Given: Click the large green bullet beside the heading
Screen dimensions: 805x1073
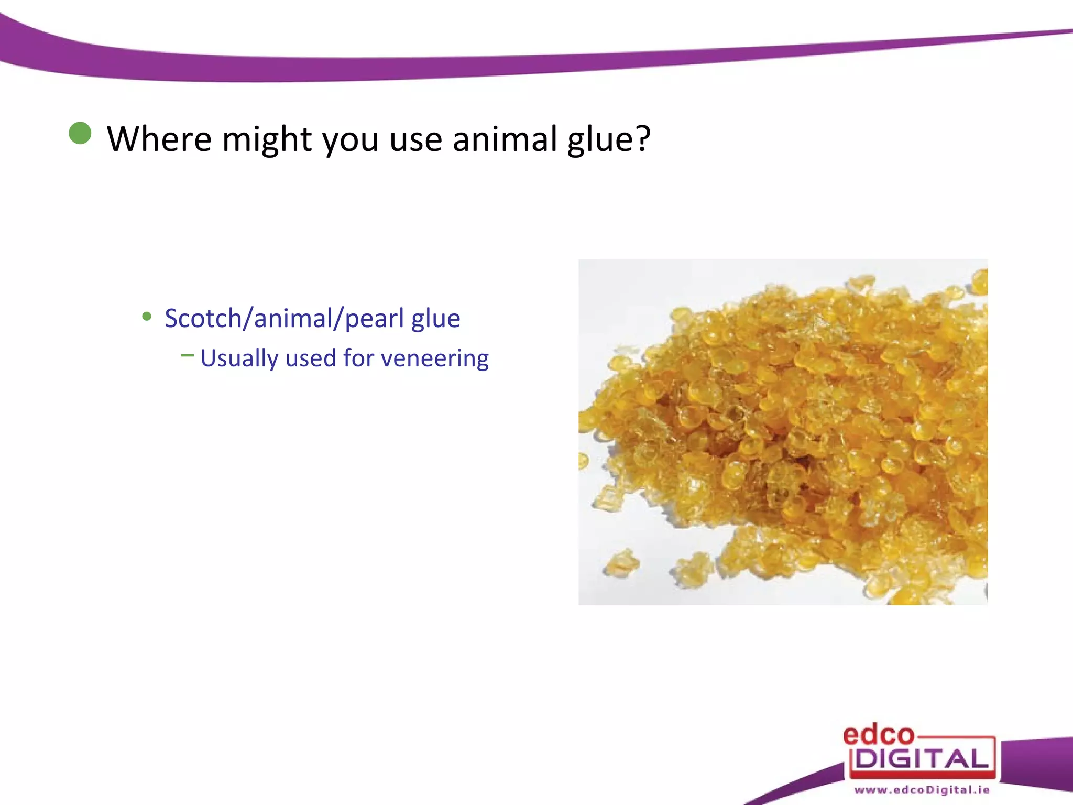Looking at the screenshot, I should (80, 133).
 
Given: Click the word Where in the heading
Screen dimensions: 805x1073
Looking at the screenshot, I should (159, 139).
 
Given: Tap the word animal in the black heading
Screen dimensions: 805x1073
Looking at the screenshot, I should (505, 139).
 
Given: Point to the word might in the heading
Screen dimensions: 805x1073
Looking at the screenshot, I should (267, 140).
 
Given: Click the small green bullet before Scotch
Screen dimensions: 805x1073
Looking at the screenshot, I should (147, 317).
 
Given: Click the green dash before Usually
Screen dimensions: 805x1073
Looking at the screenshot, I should (187, 355).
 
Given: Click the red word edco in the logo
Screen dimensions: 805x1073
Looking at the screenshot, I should (878, 735).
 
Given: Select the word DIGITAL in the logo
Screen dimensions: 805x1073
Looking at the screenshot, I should (922, 759).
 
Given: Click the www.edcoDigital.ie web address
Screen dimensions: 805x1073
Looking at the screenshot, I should (922, 790).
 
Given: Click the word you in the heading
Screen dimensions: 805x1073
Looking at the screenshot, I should (350, 140).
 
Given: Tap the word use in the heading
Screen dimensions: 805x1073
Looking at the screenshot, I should (415, 140).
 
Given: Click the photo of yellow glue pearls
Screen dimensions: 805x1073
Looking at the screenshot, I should (783, 432).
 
